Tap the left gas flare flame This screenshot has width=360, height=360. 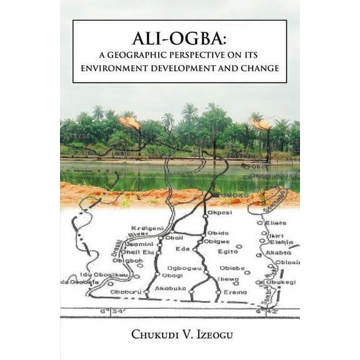tap(130, 122)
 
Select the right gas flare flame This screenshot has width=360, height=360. tap(261, 123)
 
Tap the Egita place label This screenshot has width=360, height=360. tap(228, 251)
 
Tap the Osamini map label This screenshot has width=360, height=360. tap(141, 243)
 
